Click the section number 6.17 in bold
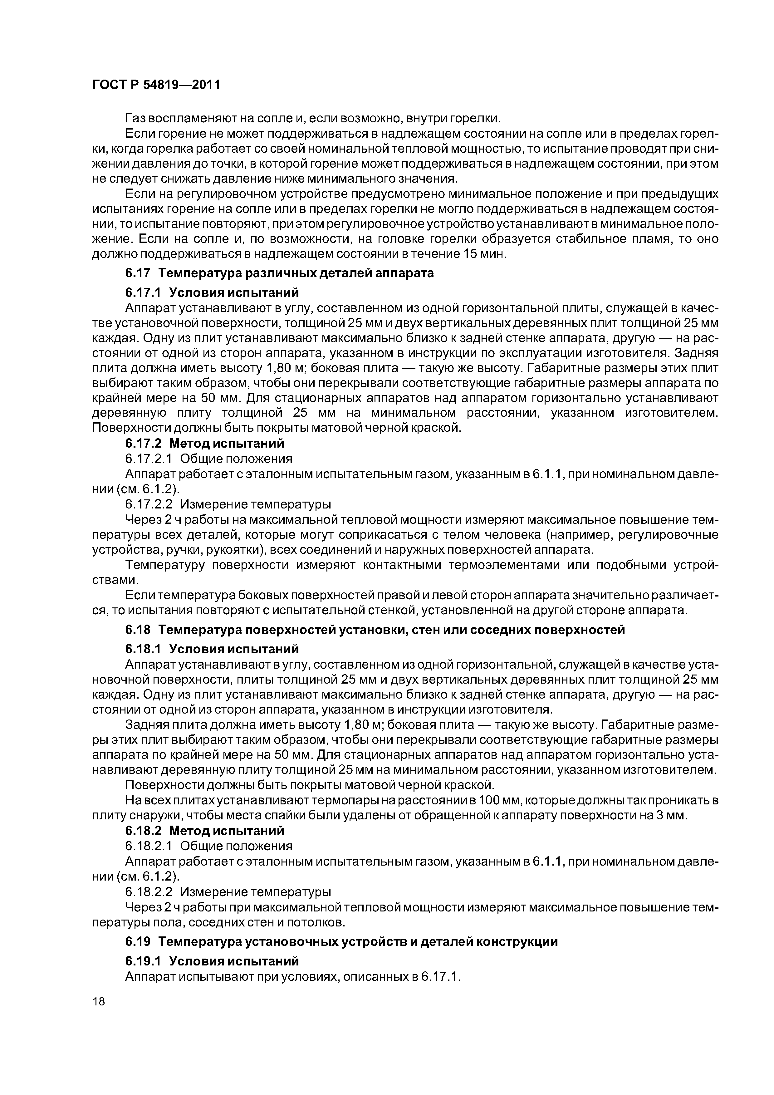138,273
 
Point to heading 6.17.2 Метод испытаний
205,444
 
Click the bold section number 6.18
138,630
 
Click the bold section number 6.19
138,942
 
